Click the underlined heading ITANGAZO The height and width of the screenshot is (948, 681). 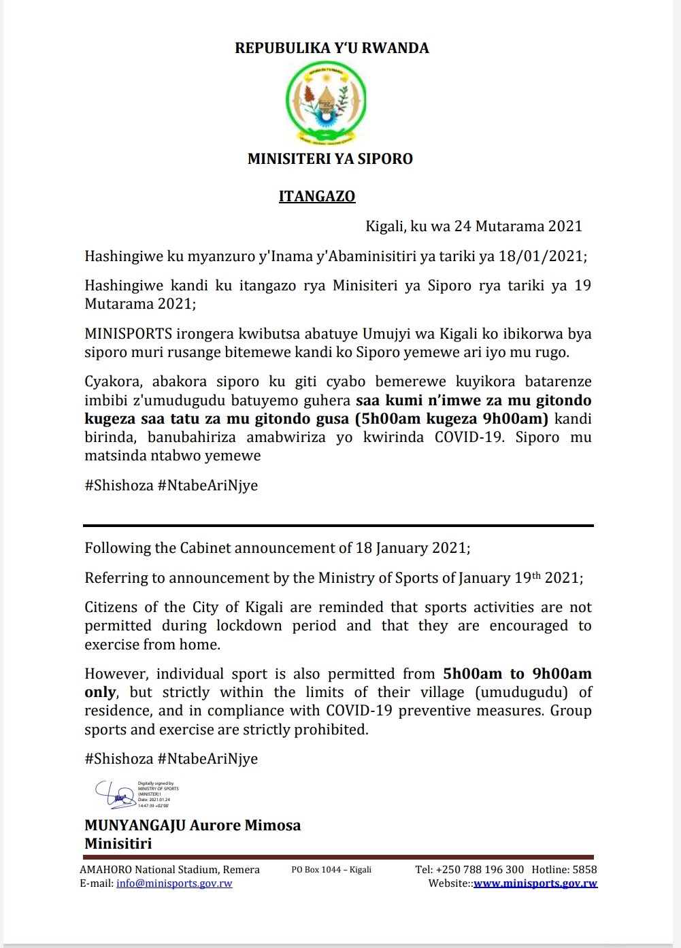point(317,197)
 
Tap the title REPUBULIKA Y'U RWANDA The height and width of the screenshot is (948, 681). point(332,48)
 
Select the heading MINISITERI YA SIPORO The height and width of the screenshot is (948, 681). point(330,159)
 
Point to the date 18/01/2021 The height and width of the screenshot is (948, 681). point(541,256)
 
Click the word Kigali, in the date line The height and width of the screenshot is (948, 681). point(386,226)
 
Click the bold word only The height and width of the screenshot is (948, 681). point(100,693)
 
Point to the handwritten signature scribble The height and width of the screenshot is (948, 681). point(116,794)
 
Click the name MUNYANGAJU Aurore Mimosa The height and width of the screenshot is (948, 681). point(193,826)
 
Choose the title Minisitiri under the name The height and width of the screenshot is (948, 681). point(118,844)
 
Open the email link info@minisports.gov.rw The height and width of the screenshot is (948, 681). point(174,884)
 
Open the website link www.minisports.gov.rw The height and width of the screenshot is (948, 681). point(535,884)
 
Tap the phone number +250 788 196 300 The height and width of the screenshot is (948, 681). point(480,870)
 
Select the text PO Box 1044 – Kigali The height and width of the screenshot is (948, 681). point(331,870)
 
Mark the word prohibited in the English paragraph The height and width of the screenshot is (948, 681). point(332,730)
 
